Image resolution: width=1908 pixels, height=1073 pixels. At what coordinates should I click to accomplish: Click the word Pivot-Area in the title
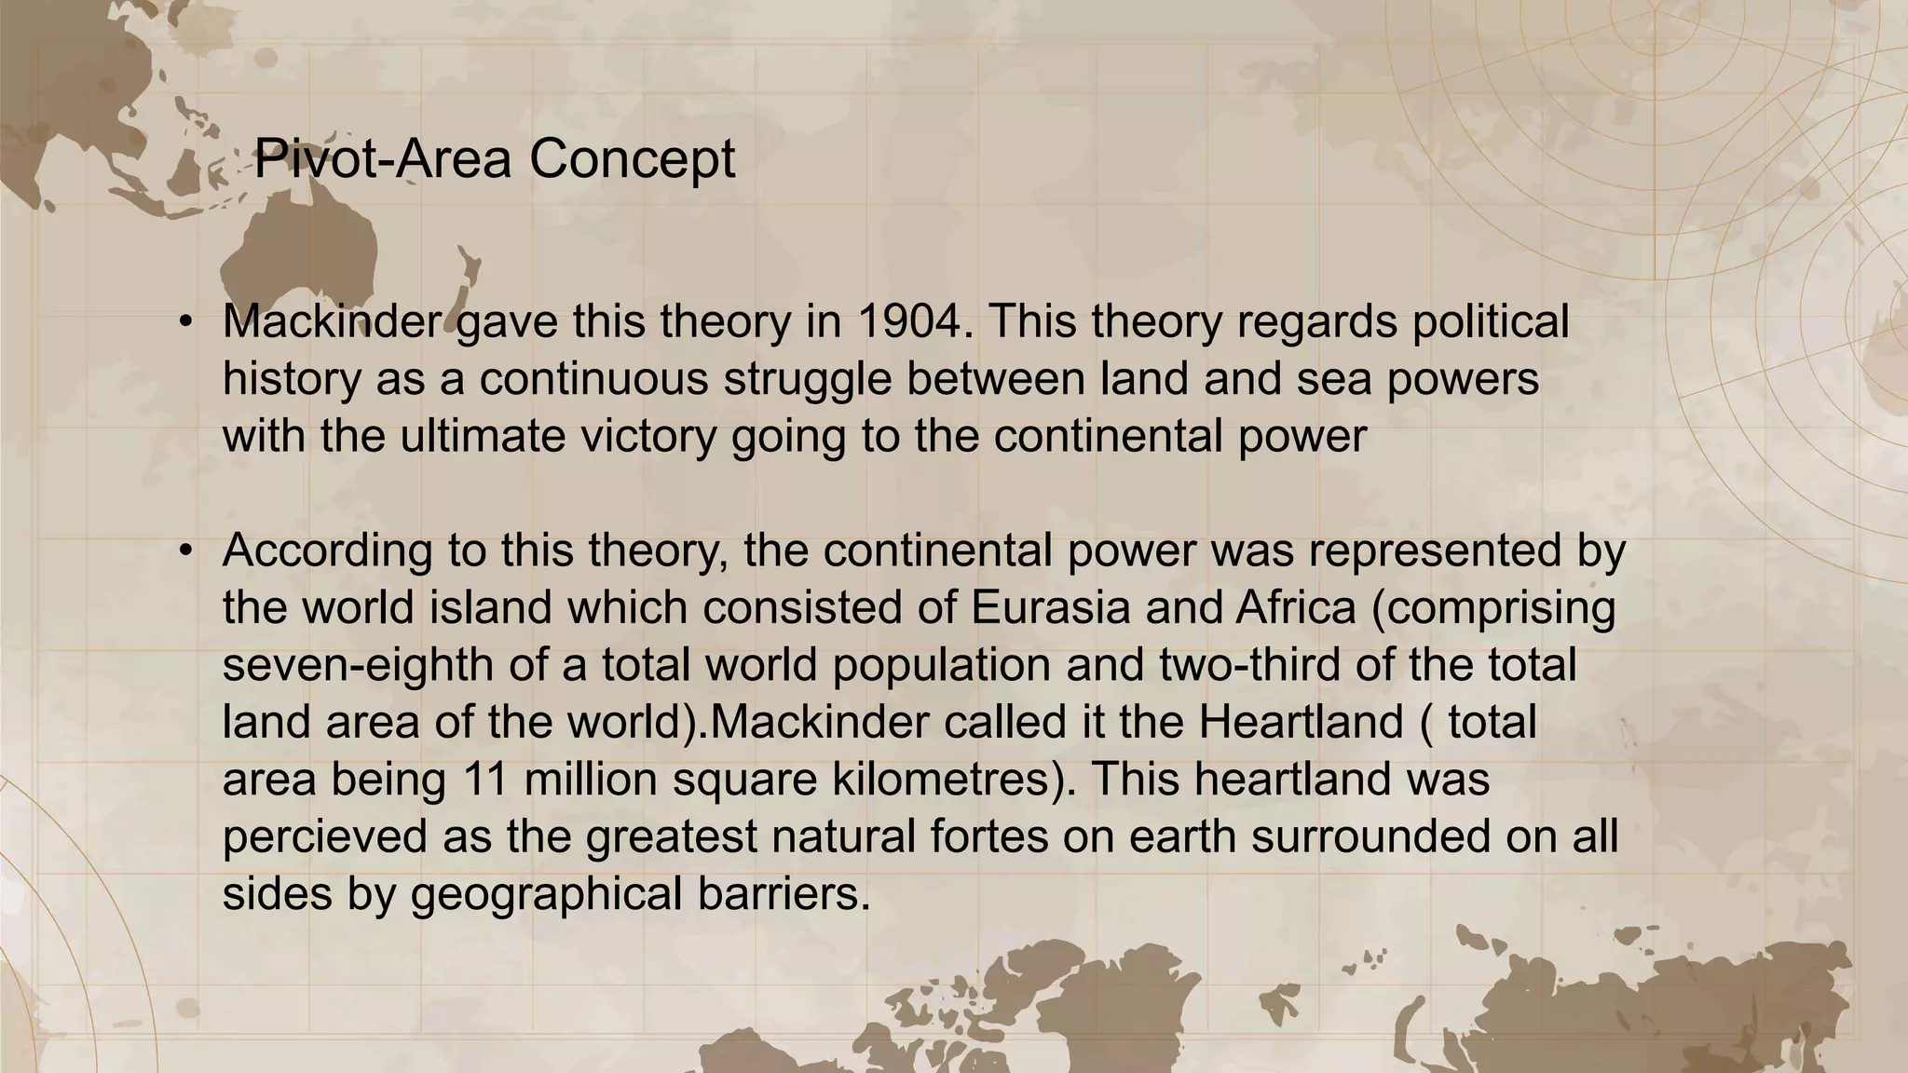383,158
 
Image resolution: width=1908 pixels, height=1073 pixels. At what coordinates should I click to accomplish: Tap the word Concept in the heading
633,158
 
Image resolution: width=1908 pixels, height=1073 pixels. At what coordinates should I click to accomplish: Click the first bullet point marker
186,323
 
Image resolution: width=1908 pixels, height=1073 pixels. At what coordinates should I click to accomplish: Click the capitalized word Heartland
1301,723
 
